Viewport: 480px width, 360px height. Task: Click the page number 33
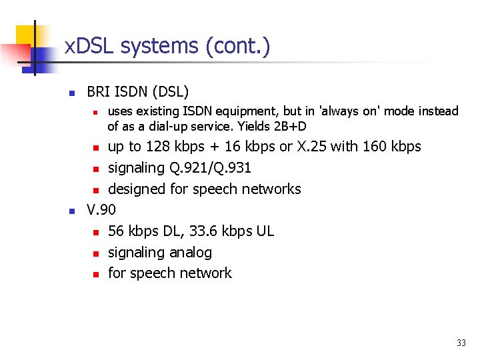[461, 343]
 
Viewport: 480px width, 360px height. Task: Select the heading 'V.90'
[101, 210]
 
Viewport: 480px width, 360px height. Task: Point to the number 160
[376, 146]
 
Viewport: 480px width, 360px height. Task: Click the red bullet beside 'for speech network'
[95, 274]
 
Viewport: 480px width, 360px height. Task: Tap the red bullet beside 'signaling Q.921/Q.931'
[95, 169]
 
